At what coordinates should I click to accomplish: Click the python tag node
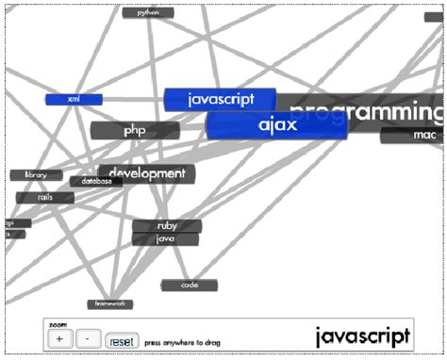pyautogui.click(x=148, y=13)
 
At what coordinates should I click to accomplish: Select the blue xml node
pyautogui.click(x=73, y=99)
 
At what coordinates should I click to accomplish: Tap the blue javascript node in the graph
pyautogui.click(x=220, y=99)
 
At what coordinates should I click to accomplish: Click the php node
pyautogui.click(x=134, y=130)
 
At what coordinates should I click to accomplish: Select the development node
pyautogui.click(x=146, y=173)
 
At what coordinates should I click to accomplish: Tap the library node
pyautogui.click(x=36, y=175)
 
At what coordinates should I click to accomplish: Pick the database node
pyautogui.click(x=96, y=181)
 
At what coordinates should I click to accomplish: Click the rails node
pyautogui.click(x=44, y=198)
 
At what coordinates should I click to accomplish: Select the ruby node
pyautogui.click(x=167, y=226)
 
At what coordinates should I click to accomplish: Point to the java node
pyautogui.click(x=166, y=239)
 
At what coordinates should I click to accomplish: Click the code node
pyautogui.click(x=189, y=285)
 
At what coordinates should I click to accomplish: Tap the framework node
pyautogui.click(x=110, y=304)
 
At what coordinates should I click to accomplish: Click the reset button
pyautogui.click(x=121, y=339)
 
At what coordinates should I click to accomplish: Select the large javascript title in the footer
pyautogui.click(x=362, y=335)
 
